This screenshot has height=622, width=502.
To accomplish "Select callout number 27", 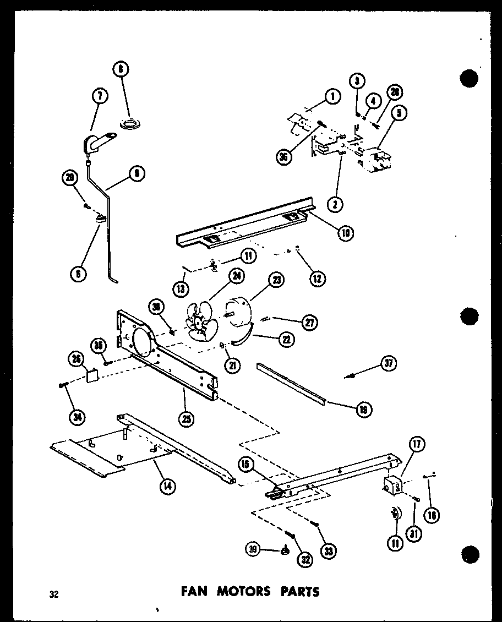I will click(x=310, y=323).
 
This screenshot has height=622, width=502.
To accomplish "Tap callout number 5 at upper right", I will click(x=400, y=114).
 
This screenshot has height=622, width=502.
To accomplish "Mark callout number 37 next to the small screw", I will click(x=389, y=364).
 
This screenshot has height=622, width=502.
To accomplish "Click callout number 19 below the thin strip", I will click(x=364, y=409).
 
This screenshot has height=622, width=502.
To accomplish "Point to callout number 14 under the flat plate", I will click(x=164, y=486).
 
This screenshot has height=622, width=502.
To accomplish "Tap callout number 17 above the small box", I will click(x=417, y=445).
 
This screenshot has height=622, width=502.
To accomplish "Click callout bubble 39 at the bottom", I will click(x=253, y=549).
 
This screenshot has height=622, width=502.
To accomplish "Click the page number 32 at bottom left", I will click(x=53, y=594).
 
